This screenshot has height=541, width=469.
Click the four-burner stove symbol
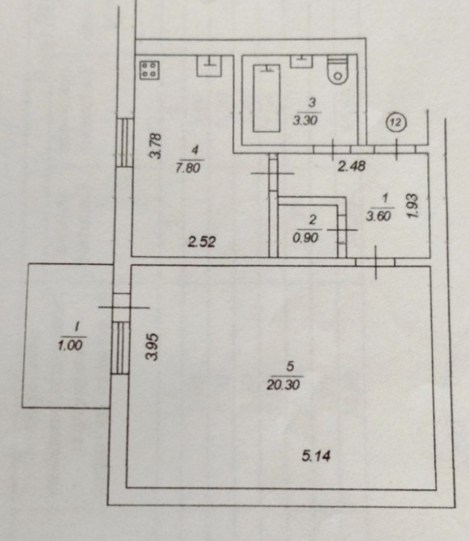point(149,70)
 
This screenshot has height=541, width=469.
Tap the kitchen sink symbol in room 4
point(209,65)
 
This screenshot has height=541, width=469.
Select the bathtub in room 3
point(266,98)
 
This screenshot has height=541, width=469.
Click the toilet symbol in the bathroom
point(338,71)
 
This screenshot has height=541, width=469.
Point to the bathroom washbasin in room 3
point(301,61)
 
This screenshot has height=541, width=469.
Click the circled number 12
point(396,122)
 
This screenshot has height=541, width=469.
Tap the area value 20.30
point(283,384)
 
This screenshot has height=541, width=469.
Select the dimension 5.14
point(316,456)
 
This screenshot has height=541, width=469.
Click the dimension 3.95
point(152,346)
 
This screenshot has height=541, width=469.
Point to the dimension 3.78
point(155,146)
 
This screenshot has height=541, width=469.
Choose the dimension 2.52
point(202,242)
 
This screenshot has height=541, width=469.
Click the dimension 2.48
point(351,166)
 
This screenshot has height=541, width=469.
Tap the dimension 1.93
point(412,207)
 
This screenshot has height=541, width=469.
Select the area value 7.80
point(188,168)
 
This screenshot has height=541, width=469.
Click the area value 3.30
point(305,120)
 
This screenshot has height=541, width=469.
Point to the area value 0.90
point(306,237)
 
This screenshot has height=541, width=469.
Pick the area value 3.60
point(379,216)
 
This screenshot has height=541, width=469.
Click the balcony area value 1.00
point(70,345)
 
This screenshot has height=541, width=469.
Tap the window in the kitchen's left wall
point(124,142)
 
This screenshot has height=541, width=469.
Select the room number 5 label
point(290,367)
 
